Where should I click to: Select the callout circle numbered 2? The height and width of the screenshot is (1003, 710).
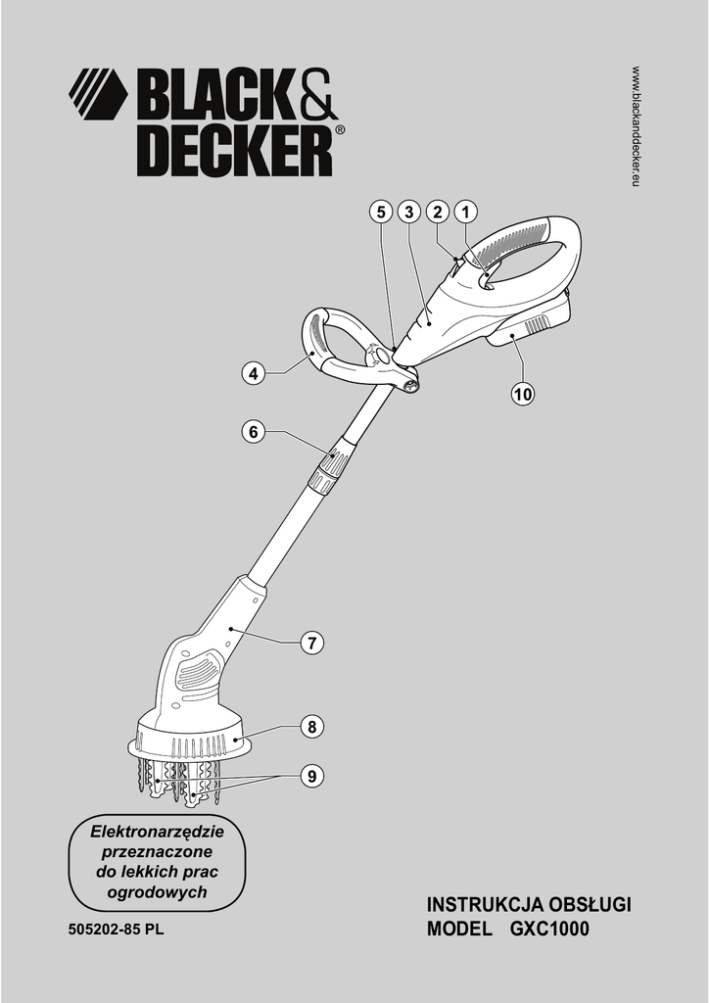click(x=437, y=211)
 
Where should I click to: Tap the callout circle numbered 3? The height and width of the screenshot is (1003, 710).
click(x=408, y=211)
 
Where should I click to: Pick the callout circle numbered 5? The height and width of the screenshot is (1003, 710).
click(x=380, y=211)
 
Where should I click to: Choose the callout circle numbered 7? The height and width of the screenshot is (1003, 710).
click(x=310, y=644)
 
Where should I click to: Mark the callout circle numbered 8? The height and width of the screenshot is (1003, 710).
click(x=310, y=727)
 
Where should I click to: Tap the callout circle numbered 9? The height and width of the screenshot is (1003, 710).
click(x=310, y=776)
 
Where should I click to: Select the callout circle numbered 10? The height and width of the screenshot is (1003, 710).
click(x=522, y=394)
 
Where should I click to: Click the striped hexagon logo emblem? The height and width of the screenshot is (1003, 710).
click(x=98, y=94)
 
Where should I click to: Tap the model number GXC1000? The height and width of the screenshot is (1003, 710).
click(x=549, y=931)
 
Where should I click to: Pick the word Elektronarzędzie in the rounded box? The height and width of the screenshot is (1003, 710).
click(x=158, y=832)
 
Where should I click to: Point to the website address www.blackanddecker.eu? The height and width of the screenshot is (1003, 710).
click(x=636, y=127)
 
